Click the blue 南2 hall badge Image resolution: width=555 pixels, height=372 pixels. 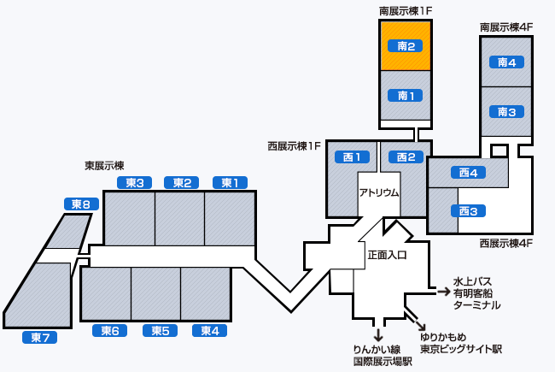click(x=406, y=45)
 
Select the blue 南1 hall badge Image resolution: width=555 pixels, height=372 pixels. click(x=406, y=95)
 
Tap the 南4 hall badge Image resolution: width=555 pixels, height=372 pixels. click(x=506, y=62)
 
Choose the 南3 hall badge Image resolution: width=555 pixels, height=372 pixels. click(x=506, y=111)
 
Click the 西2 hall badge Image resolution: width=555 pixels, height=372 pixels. click(x=406, y=156)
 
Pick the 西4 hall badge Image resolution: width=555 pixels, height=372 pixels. click(x=467, y=172)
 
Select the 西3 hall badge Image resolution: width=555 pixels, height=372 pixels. click(x=467, y=210)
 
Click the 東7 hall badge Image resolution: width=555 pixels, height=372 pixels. click(x=40, y=337)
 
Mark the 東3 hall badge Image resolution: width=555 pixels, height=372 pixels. click(x=133, y=182)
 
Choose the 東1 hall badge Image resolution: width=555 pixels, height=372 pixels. click(x=230, y=182)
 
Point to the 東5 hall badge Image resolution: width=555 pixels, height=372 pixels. click(x=160, y=330)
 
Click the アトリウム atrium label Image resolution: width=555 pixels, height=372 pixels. click(x=379, y=192)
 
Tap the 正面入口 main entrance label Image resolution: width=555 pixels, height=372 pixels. click(x=387, y=254)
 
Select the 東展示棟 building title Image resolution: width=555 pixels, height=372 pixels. click(x=104, y=165)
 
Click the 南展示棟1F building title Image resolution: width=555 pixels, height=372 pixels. click(x=406, y=11)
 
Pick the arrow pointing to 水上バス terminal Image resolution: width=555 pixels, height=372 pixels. click(x=443, y=292)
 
